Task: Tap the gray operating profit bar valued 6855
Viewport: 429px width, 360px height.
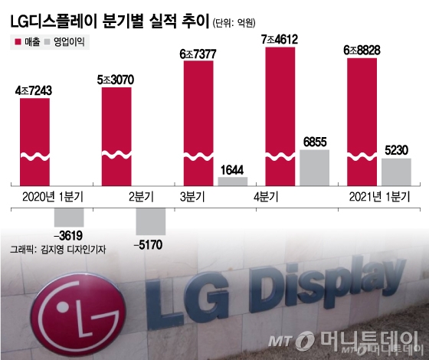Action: click(314, 168)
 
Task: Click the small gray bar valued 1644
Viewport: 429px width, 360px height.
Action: click(233, 182)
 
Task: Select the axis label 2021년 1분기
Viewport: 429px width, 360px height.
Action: click(377, 198)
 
